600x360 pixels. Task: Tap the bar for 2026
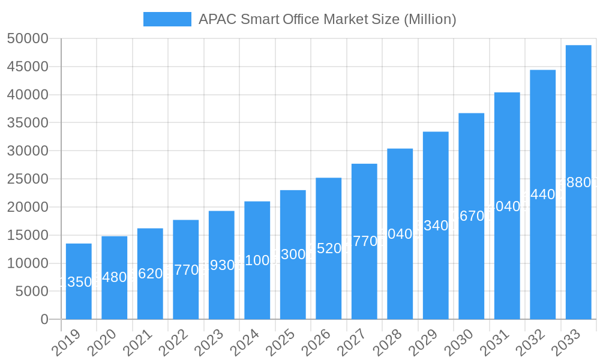pos(329,248)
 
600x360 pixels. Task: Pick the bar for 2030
pos(472,216)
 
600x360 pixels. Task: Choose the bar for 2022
pos(186,269)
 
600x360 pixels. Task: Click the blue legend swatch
pos(167,19)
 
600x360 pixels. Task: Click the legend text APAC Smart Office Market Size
pos(327,19)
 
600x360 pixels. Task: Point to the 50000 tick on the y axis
pos(28,39)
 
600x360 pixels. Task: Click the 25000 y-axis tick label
pos(28,179)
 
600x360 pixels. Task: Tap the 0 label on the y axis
pos(44,320)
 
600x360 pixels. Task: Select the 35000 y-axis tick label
pos(28,123)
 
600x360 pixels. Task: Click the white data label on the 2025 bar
pos(293,254)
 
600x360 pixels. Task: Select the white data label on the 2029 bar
pos(436,226)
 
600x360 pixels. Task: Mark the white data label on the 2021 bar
pos(150,274)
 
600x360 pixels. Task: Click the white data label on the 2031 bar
pos(507,206)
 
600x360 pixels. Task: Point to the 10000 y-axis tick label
pos(28,263)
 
